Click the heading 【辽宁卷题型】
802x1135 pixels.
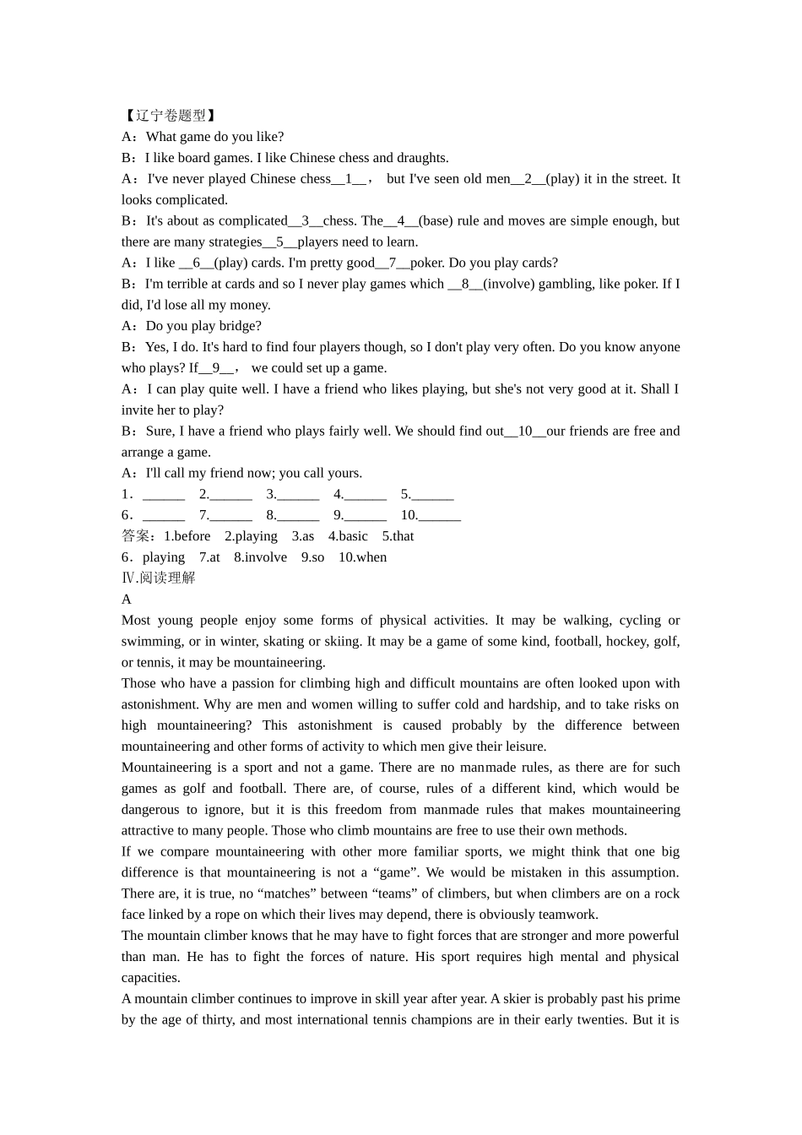point(169,116)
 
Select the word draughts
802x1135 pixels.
point(422,158)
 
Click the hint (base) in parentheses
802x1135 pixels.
point(436,221)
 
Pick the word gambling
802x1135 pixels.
point(566,284)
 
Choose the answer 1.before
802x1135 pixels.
point(187,536)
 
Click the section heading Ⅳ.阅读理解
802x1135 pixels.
point(159,578)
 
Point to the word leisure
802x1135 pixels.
point(523,747)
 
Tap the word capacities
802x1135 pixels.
point(150,978)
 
